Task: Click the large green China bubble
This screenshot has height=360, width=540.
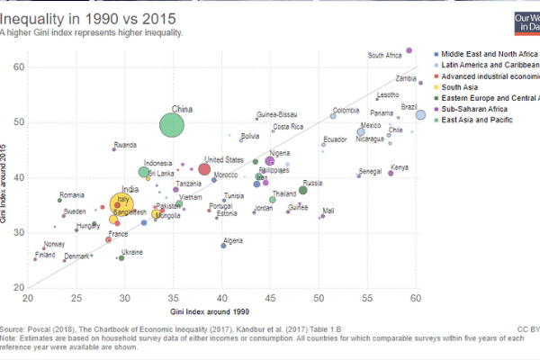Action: click(x=176, y=123)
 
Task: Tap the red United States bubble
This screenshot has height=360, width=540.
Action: click(x=204, y=169)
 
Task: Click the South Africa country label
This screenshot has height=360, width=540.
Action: click(x=385, y=56)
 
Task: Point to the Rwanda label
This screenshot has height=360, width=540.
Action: click(x=125, y=145)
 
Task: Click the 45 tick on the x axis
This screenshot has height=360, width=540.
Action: click(x=270, y=298)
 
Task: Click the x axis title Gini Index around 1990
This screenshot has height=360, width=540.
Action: click(x=220, y=310)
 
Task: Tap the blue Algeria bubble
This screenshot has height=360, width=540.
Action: click(x=224, y=246)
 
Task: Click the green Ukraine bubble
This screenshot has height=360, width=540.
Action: click(x=121, y=258)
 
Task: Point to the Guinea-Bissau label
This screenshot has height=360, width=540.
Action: click(x=276, y=115)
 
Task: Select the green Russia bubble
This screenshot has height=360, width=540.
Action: click(x=303, y=190)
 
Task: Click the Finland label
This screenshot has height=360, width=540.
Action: click(x=45, y=255)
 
